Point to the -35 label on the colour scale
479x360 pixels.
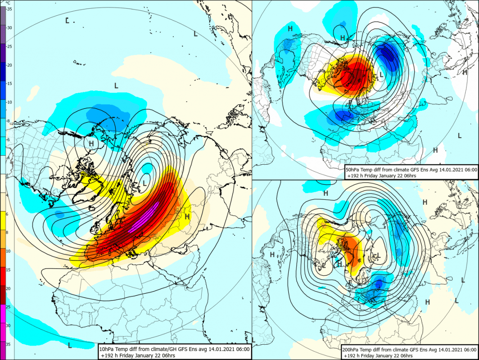9,9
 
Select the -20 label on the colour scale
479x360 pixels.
9,65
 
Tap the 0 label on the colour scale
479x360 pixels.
9,177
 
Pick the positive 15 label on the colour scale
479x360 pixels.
9,270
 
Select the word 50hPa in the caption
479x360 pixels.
354,169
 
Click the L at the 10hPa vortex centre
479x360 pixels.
145,183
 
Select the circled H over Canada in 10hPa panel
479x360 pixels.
91,144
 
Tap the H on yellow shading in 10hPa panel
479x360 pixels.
187,217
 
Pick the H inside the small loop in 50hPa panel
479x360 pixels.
343,37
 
